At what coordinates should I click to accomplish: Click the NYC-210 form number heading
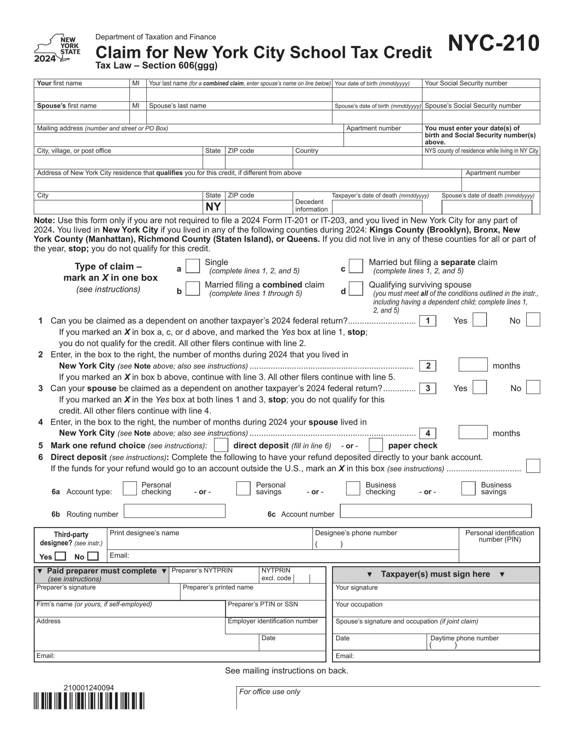[x=493, y=43]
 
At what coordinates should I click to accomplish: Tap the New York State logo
[x=57, y=48]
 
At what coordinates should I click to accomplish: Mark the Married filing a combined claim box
[x=193, y=288]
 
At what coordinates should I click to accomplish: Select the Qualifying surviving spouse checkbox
[x=356, y=288]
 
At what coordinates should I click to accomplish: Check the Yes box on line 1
[x=479, y=320]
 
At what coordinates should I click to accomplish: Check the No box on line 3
[x=533, y=387]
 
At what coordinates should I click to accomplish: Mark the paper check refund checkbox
[x=376, y=445]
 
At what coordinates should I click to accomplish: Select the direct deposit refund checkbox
[x=221, y=445]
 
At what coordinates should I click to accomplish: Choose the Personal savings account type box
[x=243, y=488]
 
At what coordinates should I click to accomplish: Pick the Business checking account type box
[x=353, y=488]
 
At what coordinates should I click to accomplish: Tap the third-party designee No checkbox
[x=93, y=556]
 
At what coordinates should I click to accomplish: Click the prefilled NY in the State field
[x=213, y=207]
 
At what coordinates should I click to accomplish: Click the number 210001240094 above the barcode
[x=89, y=688]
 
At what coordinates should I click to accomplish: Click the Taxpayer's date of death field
[x=377, y=207]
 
